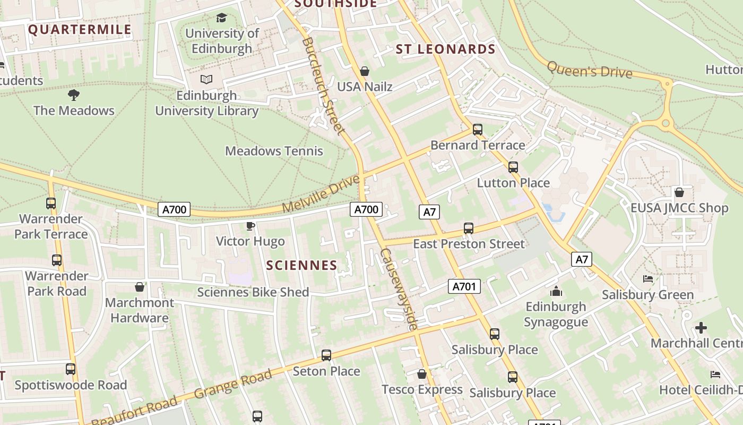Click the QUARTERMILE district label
(80, 29)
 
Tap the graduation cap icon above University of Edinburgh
(221, 18)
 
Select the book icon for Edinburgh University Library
(206, 80)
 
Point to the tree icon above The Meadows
(74, 95)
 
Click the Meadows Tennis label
(274, 151)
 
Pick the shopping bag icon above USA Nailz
(365, 71)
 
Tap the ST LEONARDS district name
(445, 49)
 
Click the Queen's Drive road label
(589, 70)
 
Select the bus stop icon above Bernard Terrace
(478, 129)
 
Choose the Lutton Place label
(513, 183)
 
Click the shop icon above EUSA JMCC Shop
(679, 192)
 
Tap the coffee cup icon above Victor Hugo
(250, 226)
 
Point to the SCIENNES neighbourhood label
(301, 265)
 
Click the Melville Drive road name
(321, 195)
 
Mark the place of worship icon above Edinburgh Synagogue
(556, 291)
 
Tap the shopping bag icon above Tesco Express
(422, 374)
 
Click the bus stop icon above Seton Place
(326, 355)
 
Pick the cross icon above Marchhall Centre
(701, 327)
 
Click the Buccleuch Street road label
(323, 86)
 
